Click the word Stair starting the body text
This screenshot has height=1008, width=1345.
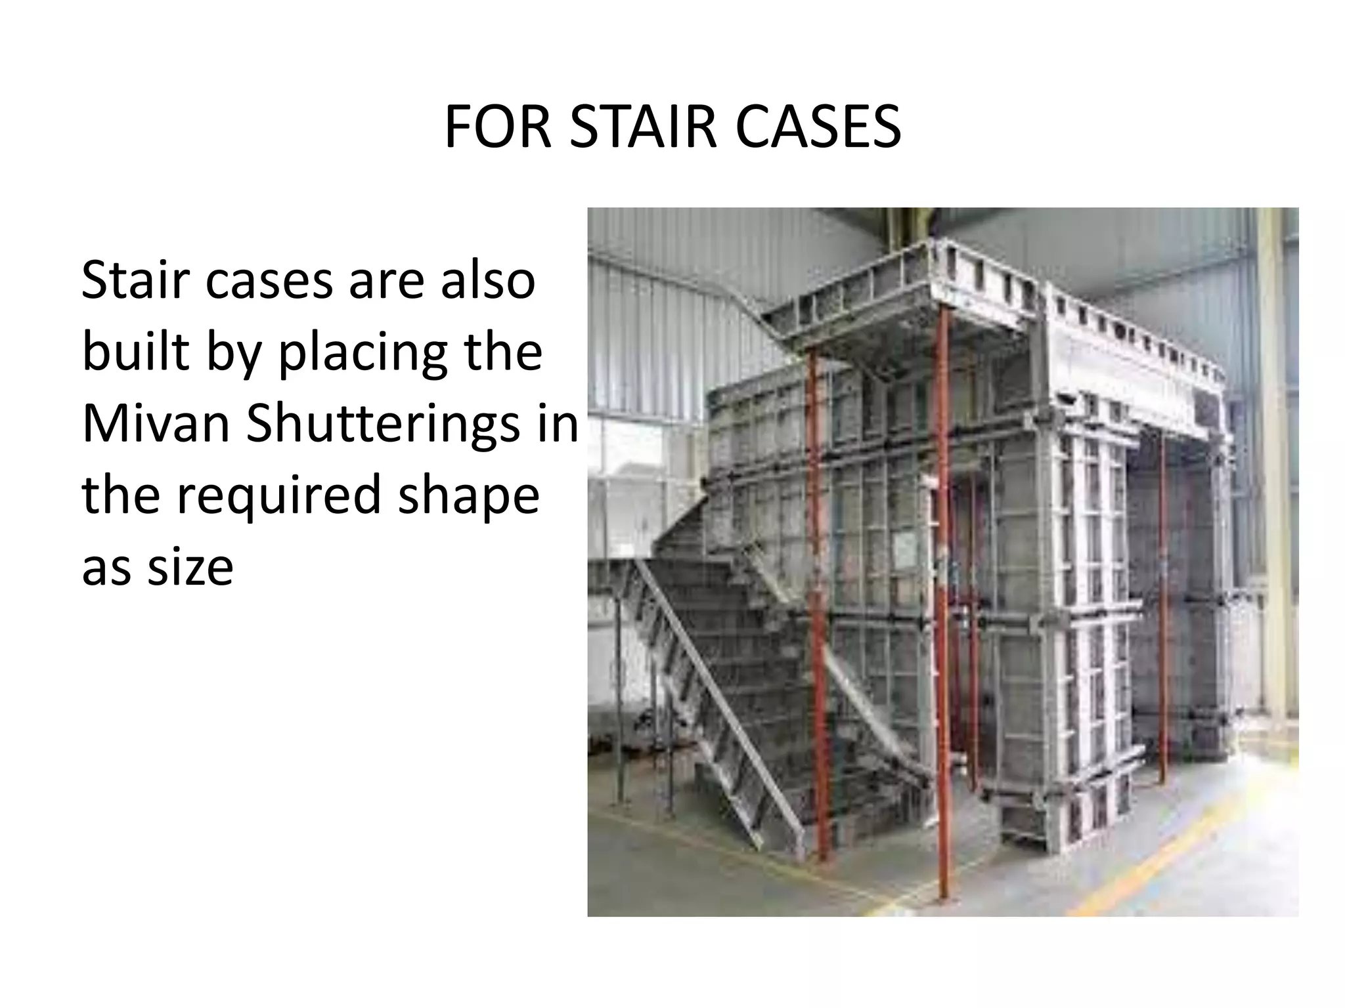coord(136,280)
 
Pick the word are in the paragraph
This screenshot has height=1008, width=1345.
coord(387,280)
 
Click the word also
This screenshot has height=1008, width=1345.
coord(488,280)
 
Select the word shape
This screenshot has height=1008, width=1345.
coord(469,497)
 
